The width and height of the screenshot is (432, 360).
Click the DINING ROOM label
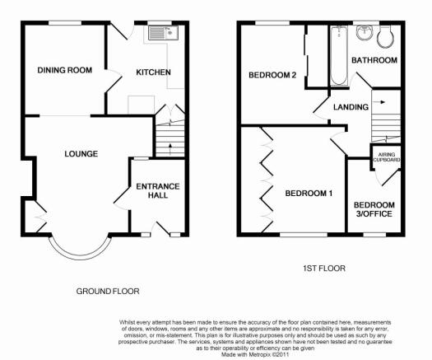(65, 70)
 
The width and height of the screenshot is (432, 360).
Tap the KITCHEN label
(153, 72)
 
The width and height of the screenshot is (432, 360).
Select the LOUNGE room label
(81, 154)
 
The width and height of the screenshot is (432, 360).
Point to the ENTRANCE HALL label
(158, 190)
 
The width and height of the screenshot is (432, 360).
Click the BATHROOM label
(374, 60)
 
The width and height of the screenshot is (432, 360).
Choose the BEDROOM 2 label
(272, 75)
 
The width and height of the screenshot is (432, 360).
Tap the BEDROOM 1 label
(309, 193)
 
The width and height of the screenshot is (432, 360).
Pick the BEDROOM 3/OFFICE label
(374, 209)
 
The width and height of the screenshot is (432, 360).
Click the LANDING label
(351, 107)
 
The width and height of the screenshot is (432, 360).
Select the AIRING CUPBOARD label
(386, 157)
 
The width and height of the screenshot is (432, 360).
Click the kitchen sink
(164, 33)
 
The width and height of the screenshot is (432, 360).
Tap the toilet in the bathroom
(385, 37)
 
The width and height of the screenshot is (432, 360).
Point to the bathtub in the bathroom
(338, 56)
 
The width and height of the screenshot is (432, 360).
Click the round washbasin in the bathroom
(365, 34)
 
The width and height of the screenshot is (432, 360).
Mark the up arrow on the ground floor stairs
(170, 149)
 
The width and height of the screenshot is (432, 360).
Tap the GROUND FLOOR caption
(108, 292)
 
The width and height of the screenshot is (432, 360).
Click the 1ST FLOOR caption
(324, 269)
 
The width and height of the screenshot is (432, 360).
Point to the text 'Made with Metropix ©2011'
(255, 354)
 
